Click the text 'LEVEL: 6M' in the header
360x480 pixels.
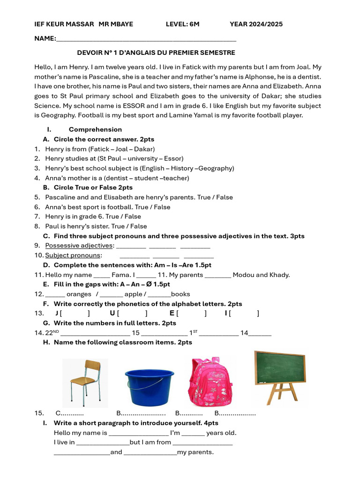182,24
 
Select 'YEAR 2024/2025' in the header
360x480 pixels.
256,24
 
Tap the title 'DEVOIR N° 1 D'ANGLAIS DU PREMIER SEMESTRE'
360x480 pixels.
156,53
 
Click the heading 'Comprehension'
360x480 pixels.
95,129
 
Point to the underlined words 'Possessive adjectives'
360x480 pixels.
79,246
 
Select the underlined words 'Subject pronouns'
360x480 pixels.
73,255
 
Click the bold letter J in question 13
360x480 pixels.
57,313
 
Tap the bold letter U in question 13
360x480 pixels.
112,313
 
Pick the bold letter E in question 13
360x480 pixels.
172,313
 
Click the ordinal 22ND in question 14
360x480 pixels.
52,333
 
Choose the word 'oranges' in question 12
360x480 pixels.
79,294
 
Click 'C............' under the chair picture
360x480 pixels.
69,413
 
